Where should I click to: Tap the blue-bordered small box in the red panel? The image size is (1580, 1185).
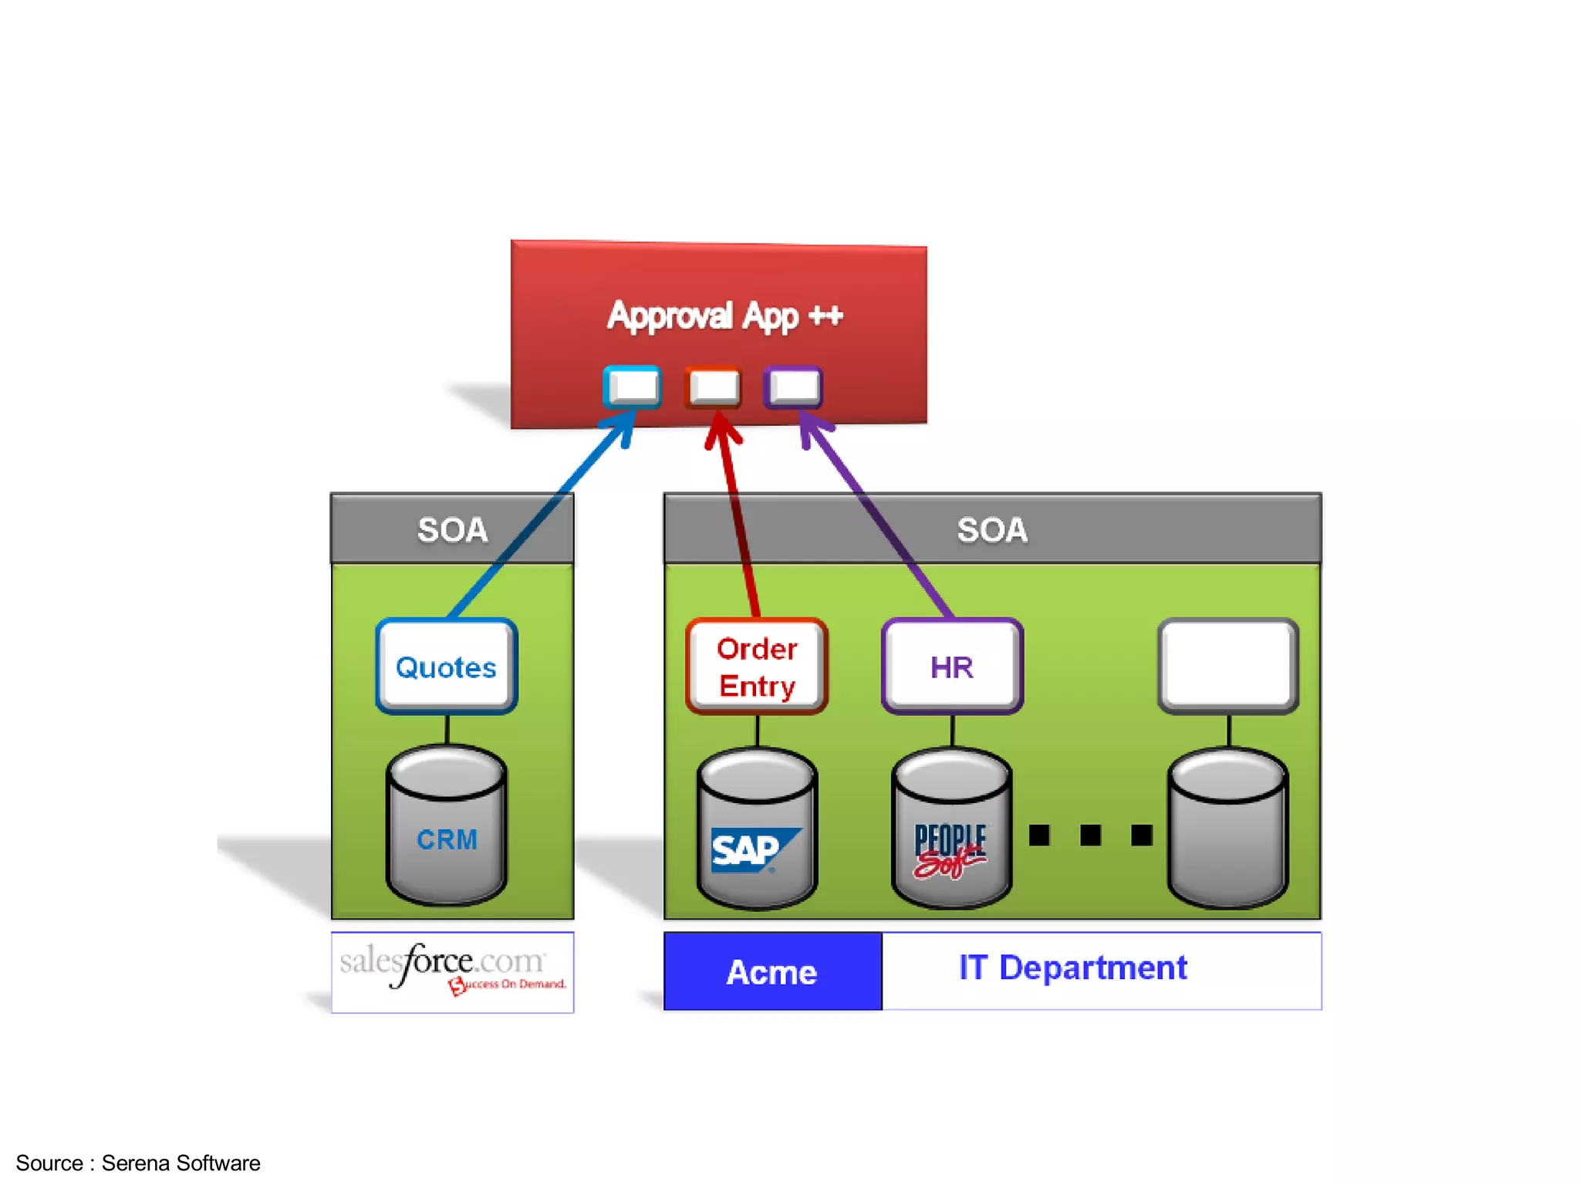tap(633, 387)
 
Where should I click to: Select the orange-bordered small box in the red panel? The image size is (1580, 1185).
tap(713, 387)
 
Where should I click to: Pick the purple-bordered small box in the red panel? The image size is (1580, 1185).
tap(793, 387)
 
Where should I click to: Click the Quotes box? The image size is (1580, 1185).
tap(446, 667)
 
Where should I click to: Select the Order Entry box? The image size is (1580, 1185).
tap(756, 667)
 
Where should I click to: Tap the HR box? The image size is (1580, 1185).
tap(952, 667)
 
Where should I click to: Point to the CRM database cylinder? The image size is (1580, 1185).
tap(447, 825)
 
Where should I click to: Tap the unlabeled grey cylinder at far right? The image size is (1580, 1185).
tap(1228, 829)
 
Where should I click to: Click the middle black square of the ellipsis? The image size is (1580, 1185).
tap(1090, 835)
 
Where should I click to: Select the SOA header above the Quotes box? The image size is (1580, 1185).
tap(452, 529)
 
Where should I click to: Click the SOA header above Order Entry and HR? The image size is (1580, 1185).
tap(992, 529)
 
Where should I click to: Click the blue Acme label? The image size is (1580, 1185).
tap(772, 971)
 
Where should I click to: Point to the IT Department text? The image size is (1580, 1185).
tap(1072, 967)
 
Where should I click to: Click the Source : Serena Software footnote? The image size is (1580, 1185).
tap(138, 1163)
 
